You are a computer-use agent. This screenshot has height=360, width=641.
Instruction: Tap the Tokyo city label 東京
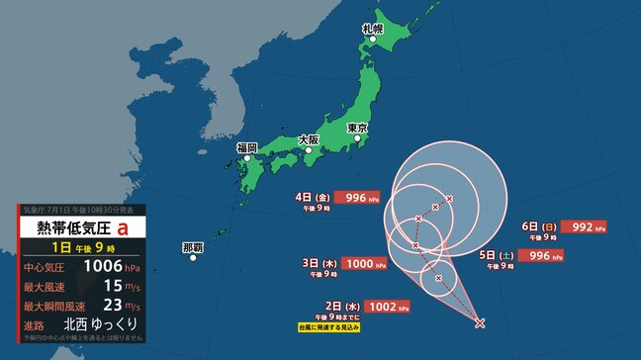coord(357,128)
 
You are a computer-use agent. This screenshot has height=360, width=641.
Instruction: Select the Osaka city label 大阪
coord(307,140)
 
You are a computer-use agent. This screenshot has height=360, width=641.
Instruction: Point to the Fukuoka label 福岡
coord(246,147)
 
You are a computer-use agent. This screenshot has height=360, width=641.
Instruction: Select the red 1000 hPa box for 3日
coord(361,263)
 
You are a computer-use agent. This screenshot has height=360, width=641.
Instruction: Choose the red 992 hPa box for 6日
coord(584,226)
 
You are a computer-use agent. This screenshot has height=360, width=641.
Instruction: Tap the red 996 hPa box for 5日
coord(540,255)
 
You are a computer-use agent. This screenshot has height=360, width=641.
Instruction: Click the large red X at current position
coord(480,322)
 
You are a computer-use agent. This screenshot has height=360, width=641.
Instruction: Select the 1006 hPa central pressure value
coord(103,266)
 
